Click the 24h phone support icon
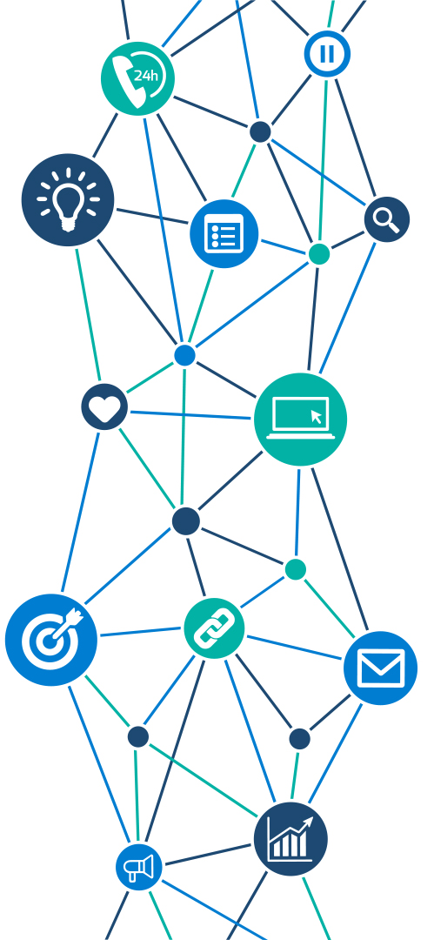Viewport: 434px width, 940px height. click(x=138, y=78)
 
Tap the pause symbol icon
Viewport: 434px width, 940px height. click(x=327, y=54)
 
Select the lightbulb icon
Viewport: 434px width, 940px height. click(x=68, y=199)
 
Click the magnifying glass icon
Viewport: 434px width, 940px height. click(x=387, y=219)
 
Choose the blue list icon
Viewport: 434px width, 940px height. click(x=224, y=234)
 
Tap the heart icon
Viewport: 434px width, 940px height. click(x=105, y=407)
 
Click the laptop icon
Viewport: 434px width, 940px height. click(x=300, y=419)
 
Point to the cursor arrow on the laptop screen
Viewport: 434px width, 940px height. click(x=317, y=417)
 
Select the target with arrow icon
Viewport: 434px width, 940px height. click(x=51, y=640)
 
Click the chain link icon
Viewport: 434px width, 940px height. click(x=214, y=628)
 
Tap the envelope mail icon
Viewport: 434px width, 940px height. click(x=381, y=668)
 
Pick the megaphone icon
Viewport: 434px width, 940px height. click(x=139, y=867)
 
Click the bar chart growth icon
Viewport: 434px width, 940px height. click(x=290, y=839)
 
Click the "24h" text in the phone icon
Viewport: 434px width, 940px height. click(x=145, y=76)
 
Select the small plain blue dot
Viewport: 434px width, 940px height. click(x=184, y=355)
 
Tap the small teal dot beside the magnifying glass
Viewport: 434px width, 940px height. click(x=319, y=254)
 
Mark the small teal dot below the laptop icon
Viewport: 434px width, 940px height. click(x=295, y=569)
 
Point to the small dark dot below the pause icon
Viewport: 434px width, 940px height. click(x=260, y=132)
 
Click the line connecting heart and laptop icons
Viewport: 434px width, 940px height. click(x=190, y=415)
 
